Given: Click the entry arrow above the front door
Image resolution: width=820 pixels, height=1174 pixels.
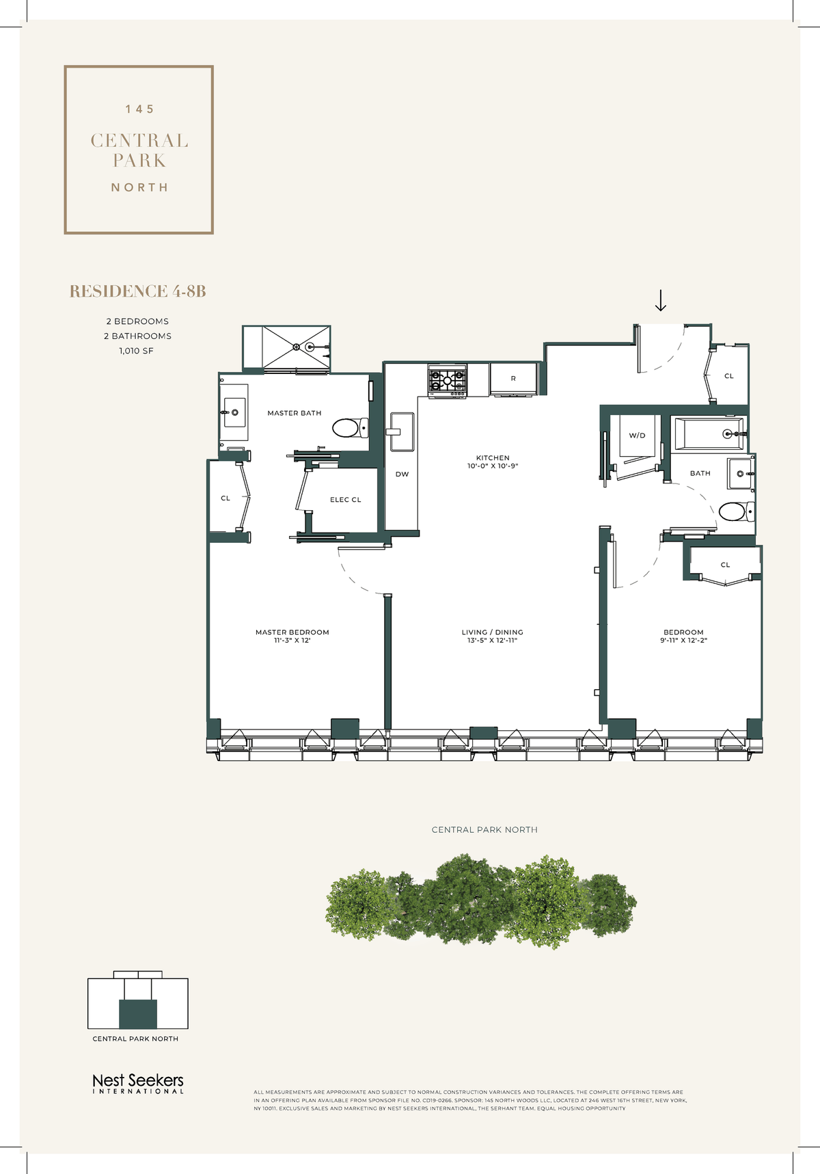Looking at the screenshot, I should [x=661, y=300].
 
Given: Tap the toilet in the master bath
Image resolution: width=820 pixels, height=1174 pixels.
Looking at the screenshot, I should [x=349, y=429].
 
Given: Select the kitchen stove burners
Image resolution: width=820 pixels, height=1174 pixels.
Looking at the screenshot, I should [x=448, y=380].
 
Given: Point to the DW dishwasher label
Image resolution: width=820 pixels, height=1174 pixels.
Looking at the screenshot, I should [x=402, y=474].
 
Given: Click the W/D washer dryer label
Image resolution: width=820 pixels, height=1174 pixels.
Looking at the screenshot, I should [x=637, y=436].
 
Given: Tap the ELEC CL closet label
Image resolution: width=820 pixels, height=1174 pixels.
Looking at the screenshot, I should [x=345, y=500].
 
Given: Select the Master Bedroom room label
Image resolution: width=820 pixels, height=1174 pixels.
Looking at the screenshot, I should [x=292, y=632].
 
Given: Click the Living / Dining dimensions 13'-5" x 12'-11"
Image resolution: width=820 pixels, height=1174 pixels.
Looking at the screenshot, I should [x=492, y=641].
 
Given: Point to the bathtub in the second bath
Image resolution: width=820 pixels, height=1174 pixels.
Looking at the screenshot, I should [x=709, y=433].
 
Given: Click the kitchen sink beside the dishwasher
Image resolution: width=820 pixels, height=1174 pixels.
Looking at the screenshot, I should [x=402, y=431].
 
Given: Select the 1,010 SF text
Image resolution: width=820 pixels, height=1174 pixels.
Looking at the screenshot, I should [x=137, y=351].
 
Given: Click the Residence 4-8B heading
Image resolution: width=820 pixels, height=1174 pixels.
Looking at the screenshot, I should [x=137, y=291].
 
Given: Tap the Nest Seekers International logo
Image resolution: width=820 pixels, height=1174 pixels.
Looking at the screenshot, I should [x=138, y=1083].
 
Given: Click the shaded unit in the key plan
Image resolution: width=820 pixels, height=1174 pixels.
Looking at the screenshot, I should [x=138, y=1014].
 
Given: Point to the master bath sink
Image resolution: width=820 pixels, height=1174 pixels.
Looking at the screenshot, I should [x=234, y=412].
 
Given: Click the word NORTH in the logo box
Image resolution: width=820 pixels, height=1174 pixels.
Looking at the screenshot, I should [x=139, y=187].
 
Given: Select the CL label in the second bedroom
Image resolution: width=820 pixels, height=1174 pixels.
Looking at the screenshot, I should [x=725, y=565].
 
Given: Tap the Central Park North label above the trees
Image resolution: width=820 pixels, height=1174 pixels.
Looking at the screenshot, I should [x=484, y=829].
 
